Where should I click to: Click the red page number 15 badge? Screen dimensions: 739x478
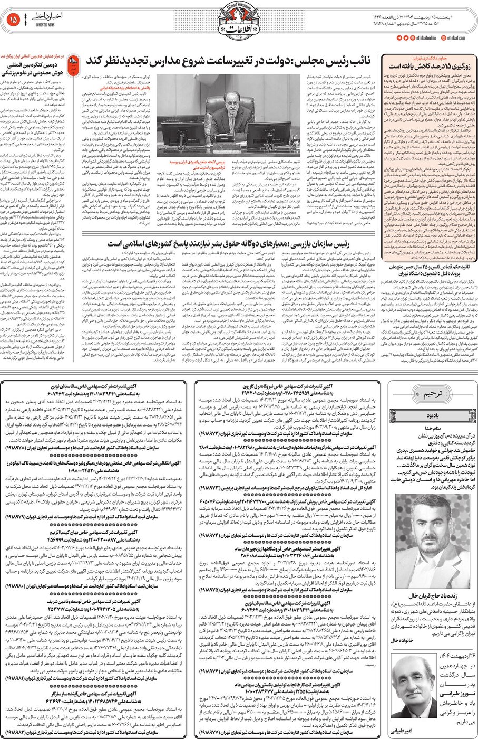pos(13,20)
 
